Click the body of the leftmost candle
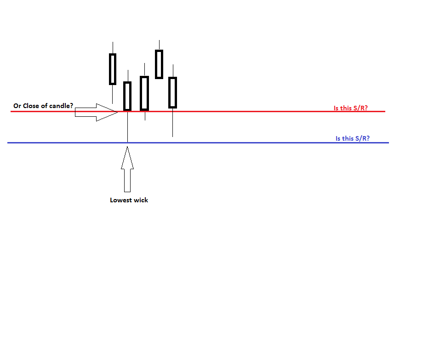[x=113, y=69]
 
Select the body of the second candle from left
[x=127, y=96]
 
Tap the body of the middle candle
[x=144, y=93]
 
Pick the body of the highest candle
[x=159, y=64]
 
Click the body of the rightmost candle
[x=173, y=92]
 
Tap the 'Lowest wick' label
[x=129, y=200]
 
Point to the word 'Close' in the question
[x=31, y=106]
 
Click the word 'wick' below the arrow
[x=140, y=200]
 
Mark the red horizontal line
[x=253, y=111]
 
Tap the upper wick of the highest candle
[x=159, y=45]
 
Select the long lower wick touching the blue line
[x=127, y=126]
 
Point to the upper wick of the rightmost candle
[x=173, y=71]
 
